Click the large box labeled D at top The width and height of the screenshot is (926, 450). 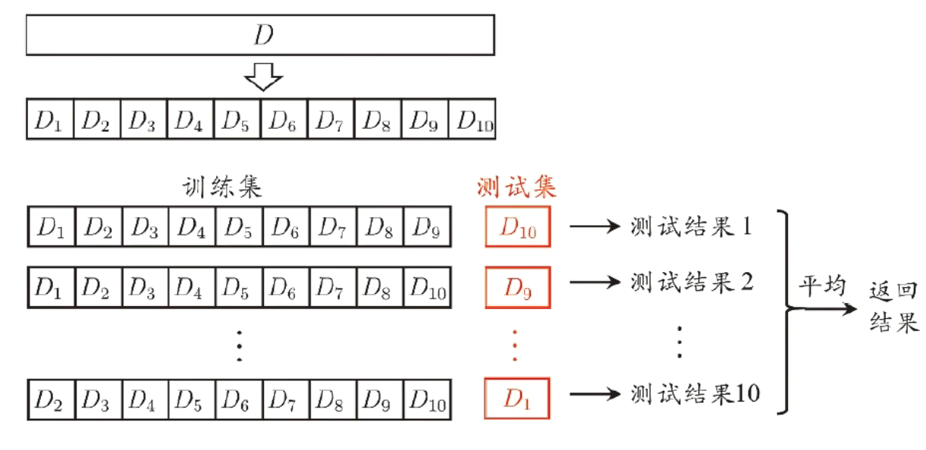click(260, 35)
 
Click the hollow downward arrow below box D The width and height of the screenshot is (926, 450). click(263, 77)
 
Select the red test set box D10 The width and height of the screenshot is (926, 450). click(518, 227)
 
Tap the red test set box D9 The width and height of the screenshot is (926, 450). click(518, 287)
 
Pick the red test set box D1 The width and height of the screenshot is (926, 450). click(517, 398)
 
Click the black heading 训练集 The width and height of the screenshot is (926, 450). click(222, 187)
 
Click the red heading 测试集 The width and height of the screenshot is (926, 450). click(516, 187)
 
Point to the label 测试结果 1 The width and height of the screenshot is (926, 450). click(691, 227)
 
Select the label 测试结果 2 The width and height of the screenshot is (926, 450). click(692, 283)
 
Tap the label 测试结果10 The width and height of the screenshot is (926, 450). click(695, 393)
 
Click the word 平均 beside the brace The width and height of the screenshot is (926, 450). click(823, 286)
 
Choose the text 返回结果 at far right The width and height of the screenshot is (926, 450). click(893, 307)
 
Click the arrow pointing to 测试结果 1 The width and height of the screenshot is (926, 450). click(595, 227)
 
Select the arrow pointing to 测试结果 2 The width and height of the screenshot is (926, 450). click(595, 283)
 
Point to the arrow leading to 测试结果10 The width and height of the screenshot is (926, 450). click(595, 394)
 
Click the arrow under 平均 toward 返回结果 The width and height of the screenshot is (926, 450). click(823, 308)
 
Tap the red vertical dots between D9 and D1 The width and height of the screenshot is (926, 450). click(515, 345)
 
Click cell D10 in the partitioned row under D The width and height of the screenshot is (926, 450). click(472, 119)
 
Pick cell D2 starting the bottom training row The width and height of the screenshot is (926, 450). click(52, 400)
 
